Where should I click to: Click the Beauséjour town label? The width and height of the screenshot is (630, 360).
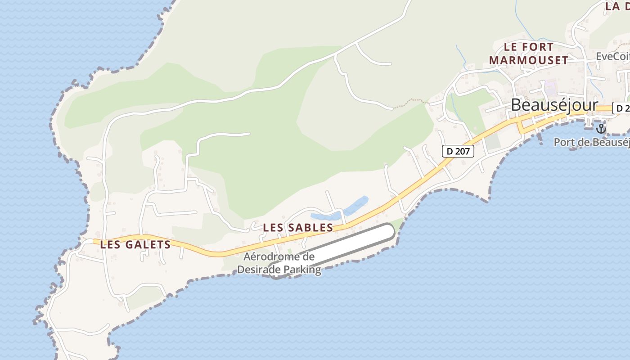point(554,105)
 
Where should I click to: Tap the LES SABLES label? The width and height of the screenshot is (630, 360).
point(298,228)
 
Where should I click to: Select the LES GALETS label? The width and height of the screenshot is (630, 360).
point(135,245)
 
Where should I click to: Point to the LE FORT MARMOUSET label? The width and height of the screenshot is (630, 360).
point(528,53)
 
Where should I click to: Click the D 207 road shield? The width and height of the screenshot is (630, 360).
point(458,151)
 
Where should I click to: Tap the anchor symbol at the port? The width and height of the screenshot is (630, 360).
point(601,128)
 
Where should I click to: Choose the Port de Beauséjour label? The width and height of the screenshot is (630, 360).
point(591,142)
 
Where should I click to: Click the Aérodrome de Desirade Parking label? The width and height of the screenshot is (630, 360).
point(279,263)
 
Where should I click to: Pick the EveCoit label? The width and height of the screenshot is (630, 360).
point(612,56)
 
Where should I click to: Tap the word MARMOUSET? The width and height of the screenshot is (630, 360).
point(528,60)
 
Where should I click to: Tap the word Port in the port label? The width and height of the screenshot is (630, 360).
point(563,142)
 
